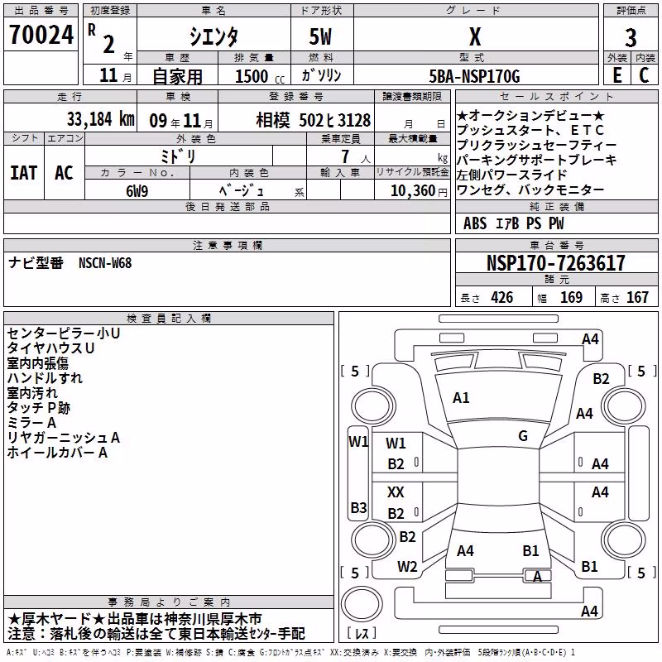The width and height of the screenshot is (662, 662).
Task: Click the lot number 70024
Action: click(x=41, y=35)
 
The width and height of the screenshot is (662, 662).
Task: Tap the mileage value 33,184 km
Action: click(x=100, y=119)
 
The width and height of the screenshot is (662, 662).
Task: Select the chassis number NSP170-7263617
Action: click(x=555, y=263)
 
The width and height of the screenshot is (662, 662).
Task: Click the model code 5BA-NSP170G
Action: click(x=474, y=76)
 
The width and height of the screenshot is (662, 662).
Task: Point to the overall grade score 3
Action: click(x=631, y=38)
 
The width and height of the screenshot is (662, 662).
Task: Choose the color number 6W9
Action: click(x=137, y=191)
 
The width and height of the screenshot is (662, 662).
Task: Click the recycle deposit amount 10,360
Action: click(x=413, y=191)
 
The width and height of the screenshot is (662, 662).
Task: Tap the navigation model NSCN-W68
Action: click(x=105, y=263)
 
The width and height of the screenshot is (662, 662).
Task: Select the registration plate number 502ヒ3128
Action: click(x=335, y=120)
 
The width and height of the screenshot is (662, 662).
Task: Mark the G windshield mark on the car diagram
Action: click(x=523, y=436)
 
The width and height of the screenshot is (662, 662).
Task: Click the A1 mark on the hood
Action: click(x=461, y=398)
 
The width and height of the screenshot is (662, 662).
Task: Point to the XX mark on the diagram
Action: click(x=396, y=492)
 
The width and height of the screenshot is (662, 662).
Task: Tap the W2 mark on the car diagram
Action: click(x=407, y=567)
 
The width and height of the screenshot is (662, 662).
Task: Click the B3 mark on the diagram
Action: click(x=359, y=507)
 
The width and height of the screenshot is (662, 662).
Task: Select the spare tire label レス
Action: click(x=362, y=633)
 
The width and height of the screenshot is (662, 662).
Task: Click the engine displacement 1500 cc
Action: click(x=260, y=76)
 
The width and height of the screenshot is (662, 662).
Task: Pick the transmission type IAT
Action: click(x=24, y=173)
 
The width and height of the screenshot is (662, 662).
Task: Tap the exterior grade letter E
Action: click(x=617, y=75)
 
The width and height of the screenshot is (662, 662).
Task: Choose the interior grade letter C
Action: click(x=644, y=75)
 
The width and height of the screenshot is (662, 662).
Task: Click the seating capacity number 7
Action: click(x=345, y=156)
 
